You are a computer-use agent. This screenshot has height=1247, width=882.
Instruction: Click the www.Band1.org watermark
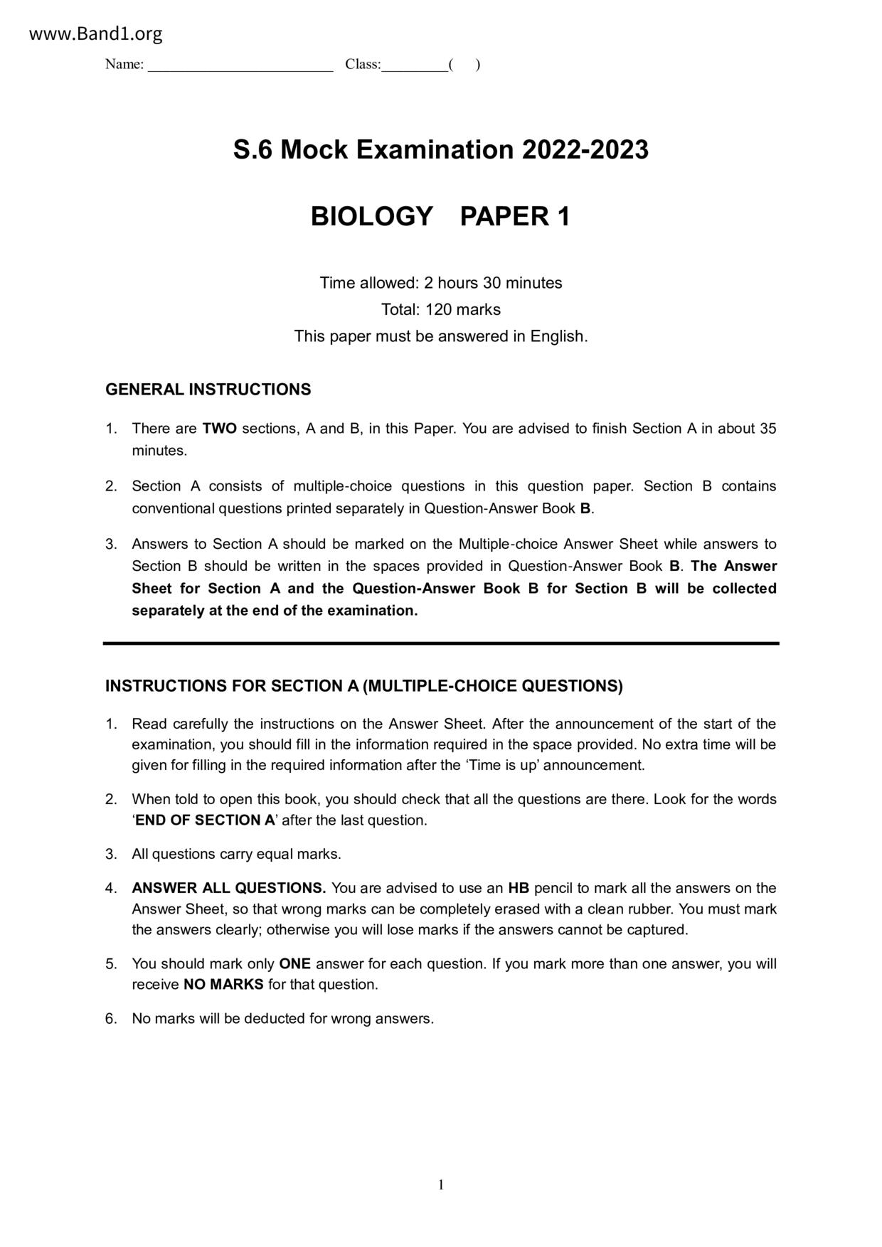click(x=96, y=33)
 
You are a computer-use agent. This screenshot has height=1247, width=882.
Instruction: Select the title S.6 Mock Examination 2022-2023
click(x=440, y=150)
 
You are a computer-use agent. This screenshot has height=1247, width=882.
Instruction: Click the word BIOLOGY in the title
click(x=371, y=216)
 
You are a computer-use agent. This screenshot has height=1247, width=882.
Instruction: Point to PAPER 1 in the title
click(x=515, y=216)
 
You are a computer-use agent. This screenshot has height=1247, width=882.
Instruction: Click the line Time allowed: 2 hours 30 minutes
click(x=440, y=283)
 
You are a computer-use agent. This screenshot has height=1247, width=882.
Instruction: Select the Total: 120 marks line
click(x=440, y=310)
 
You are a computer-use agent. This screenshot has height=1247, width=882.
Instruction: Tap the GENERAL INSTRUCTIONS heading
click(x=208, y=390)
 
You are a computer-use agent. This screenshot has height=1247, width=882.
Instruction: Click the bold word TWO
click(x=219, y=429)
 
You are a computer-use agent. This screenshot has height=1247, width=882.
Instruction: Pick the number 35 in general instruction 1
click(x=767, y=429)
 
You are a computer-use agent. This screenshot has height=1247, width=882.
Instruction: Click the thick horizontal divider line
click(x=440, y=643)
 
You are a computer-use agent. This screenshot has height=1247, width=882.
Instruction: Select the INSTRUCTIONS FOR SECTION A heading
click(x=363, y=686)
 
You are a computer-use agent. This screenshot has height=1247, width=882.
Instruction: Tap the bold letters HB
click(x=518, y=889)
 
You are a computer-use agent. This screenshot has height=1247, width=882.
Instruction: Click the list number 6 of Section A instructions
click(x=111, y=1019)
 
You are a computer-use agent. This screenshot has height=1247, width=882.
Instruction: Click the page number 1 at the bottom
click(x=441, y=1185)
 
